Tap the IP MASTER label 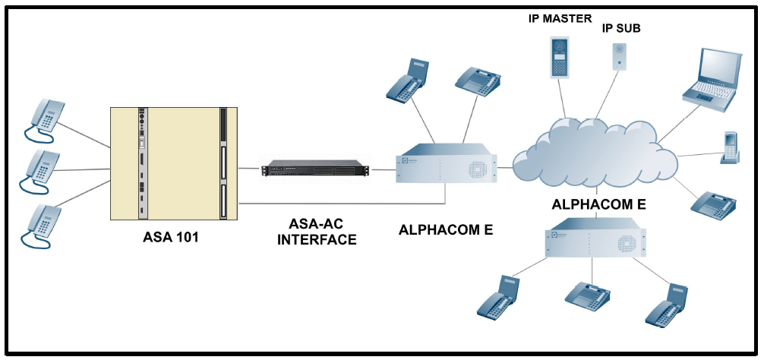560,18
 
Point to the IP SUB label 621,28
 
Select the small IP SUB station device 620,56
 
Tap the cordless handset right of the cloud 729,147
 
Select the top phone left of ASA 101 45,118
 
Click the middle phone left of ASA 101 43,169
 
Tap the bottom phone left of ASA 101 43,223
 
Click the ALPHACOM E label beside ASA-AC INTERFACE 446,230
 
